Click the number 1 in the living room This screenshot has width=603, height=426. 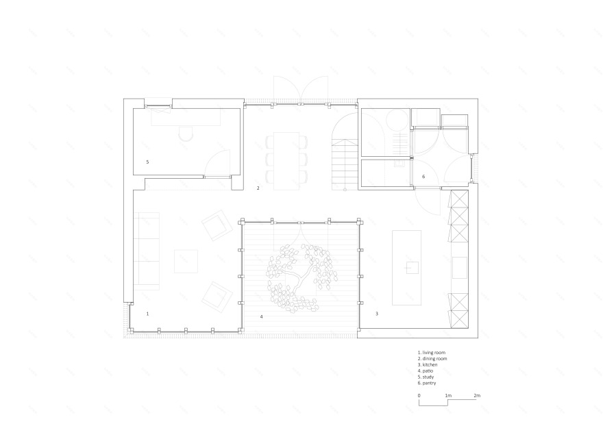click(148, 314)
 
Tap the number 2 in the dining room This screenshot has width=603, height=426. click(258, 188)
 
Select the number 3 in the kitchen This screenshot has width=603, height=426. click(377, 314)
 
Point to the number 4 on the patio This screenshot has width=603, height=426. click(262, 317)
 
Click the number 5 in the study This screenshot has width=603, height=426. click(148, 162)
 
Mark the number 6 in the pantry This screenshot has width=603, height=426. click(423, 177)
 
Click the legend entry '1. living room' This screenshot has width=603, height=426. click(432, 353)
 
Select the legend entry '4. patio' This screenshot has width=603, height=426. click(426, 371)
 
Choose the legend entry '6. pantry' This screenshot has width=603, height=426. click(427, 384)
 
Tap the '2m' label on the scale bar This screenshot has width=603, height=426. click(477, 396)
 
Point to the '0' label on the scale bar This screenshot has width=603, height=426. click(419, 396)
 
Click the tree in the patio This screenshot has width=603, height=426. click(299, 277)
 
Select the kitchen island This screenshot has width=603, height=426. click(406, 268)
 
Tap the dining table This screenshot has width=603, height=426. click(286, 161)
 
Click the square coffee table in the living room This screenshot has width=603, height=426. click(186, 262)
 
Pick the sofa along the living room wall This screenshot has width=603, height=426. click(146, 251)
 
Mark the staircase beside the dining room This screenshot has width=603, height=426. click(345, 164)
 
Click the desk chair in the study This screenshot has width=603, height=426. click(186, 133)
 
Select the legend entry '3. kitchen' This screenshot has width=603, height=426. click(428, 365)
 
